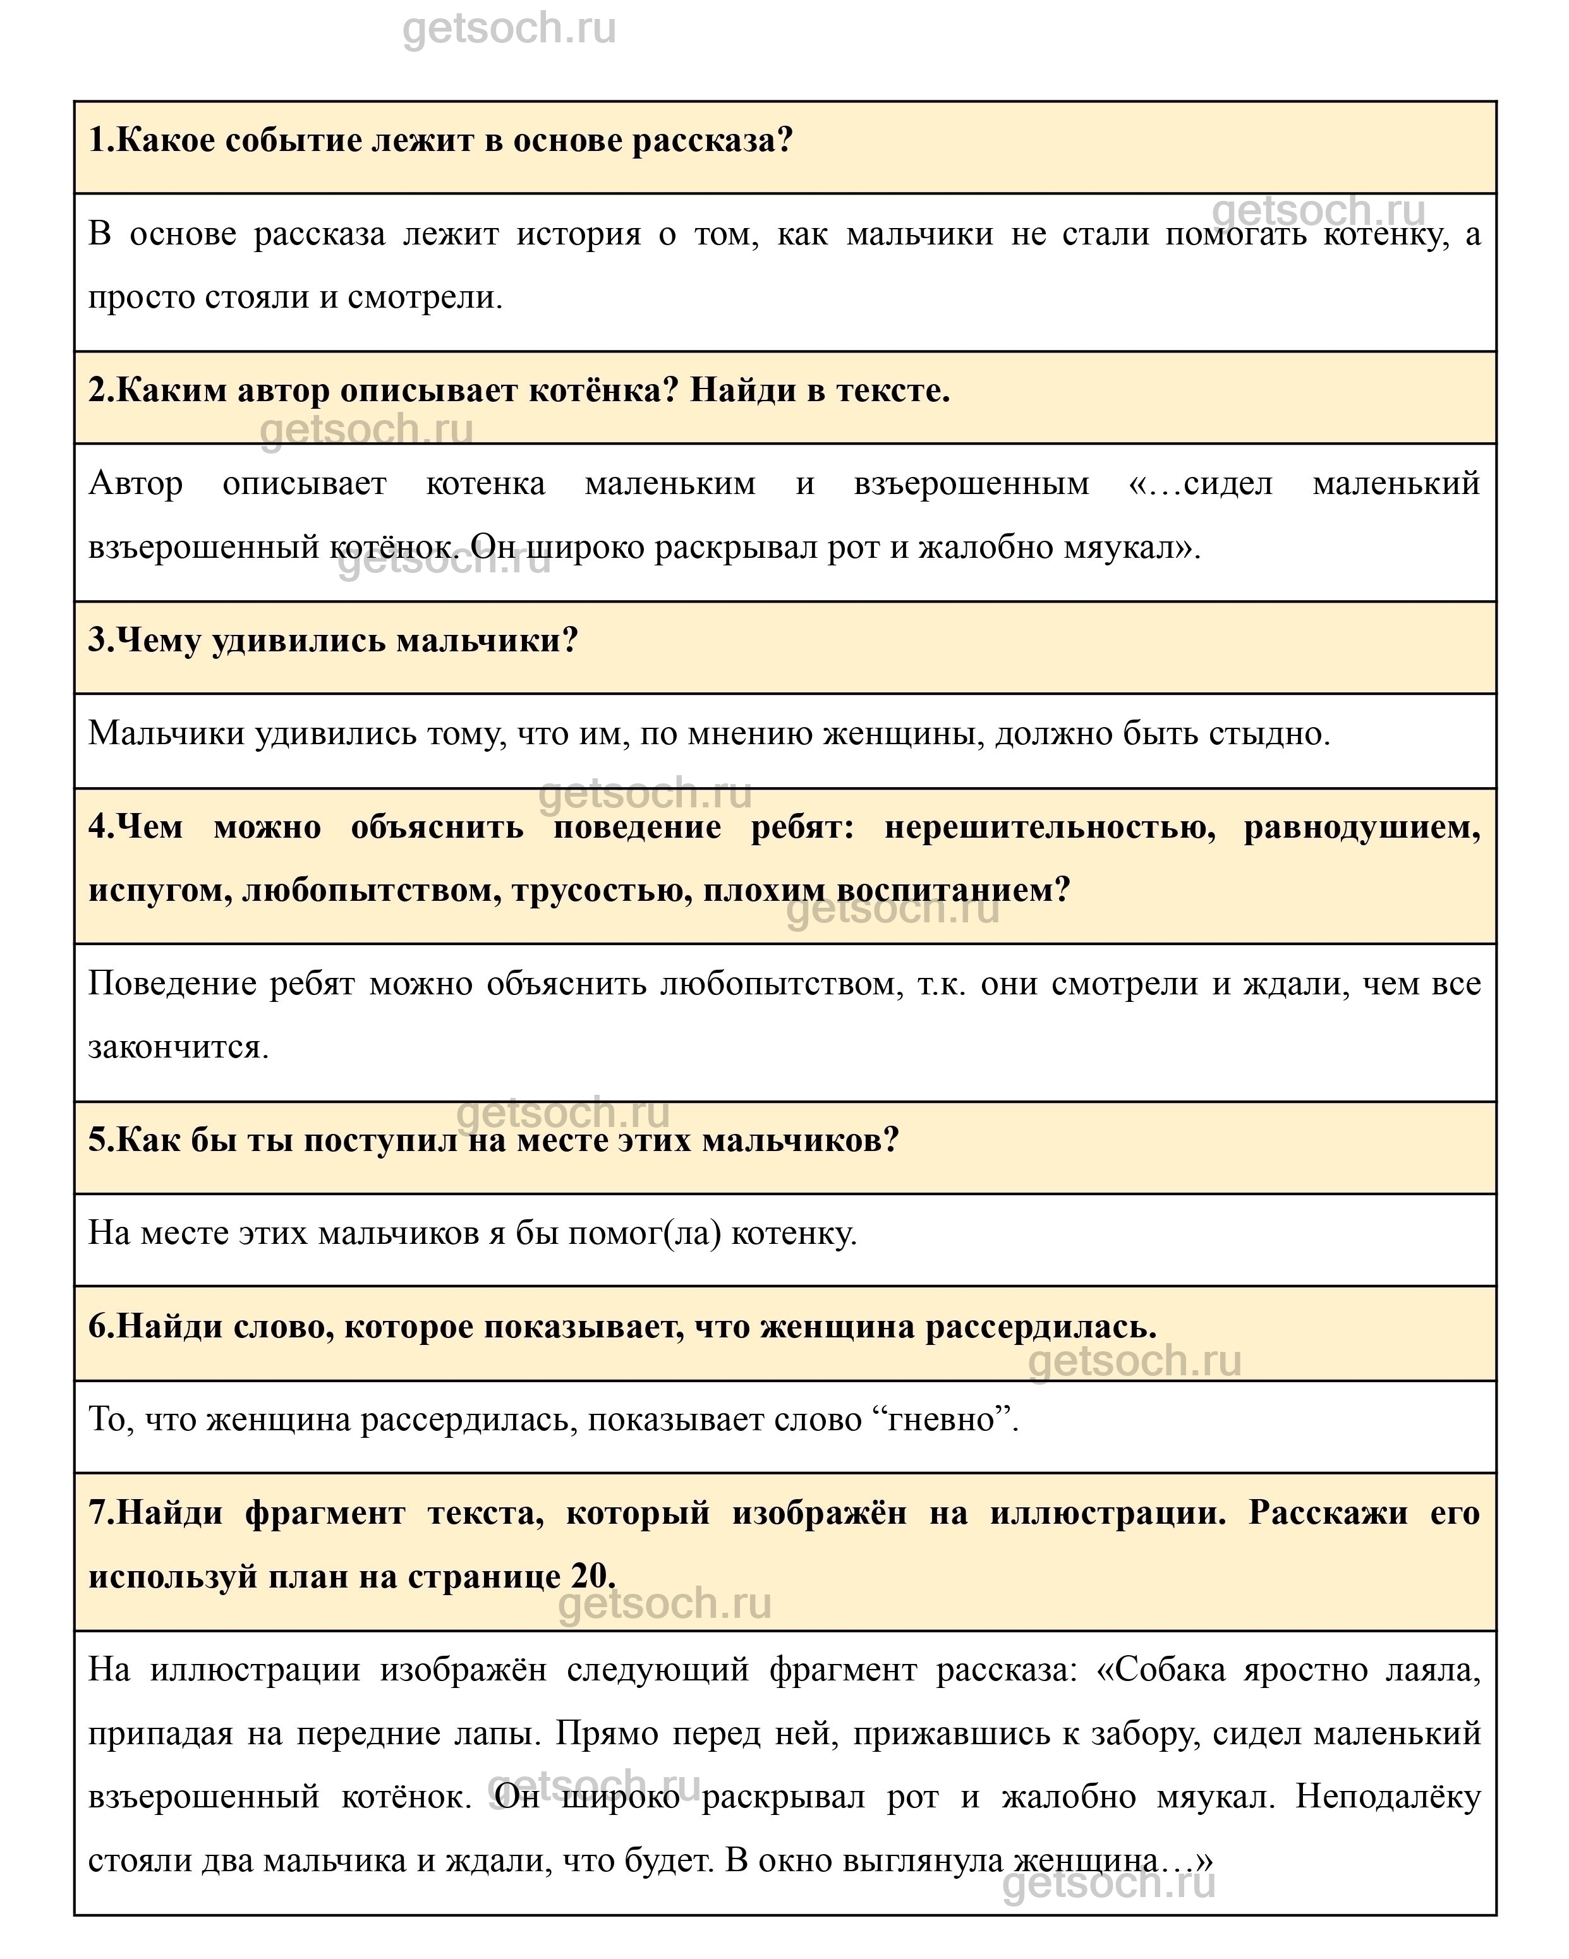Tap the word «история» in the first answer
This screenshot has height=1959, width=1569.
tap(579, 234)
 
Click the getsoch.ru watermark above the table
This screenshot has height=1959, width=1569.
tap(509, 29)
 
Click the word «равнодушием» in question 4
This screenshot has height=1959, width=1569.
tap(1361, 827)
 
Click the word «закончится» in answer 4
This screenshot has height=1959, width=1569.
tap(178, 1047)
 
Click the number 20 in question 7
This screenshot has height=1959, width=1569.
tap(592, 1576)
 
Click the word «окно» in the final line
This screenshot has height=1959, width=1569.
tap(792, 1860)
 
